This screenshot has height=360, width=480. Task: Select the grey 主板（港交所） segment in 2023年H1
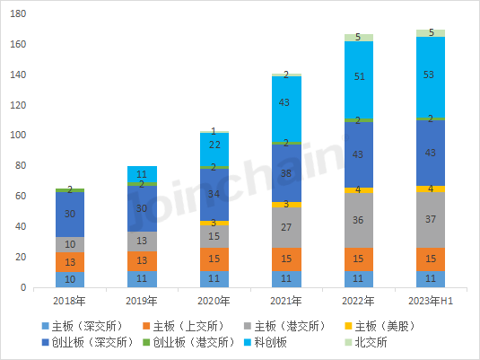432,219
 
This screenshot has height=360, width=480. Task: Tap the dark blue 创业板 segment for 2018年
70,215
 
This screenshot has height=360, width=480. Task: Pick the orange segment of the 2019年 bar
143,259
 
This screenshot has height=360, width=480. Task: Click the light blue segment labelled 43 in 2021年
286,104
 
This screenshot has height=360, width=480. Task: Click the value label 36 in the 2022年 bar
359,220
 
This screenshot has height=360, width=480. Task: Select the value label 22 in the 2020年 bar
214,145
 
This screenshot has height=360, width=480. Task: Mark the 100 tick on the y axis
19,136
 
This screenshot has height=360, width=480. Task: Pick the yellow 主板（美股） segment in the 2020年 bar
214,223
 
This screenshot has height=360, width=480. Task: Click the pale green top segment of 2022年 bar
359,38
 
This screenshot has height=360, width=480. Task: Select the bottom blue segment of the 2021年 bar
286,279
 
